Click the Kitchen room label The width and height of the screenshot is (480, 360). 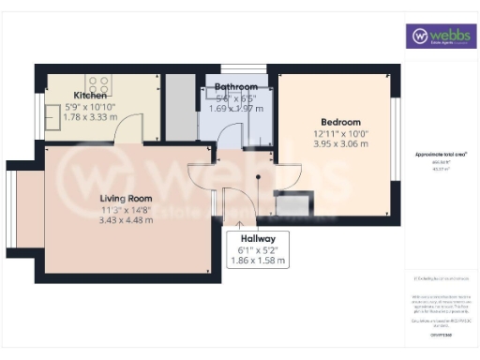pos(92,95)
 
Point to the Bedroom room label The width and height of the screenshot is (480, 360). pos(340,122)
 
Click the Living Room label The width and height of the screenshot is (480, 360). pos(127,198)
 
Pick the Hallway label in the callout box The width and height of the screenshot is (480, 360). pos(257,239)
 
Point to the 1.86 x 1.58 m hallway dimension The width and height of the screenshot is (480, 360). pos(257,260)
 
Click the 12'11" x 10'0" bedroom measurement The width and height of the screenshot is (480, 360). pos(340,133)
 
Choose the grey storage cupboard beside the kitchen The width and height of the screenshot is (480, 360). pos(180,109)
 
